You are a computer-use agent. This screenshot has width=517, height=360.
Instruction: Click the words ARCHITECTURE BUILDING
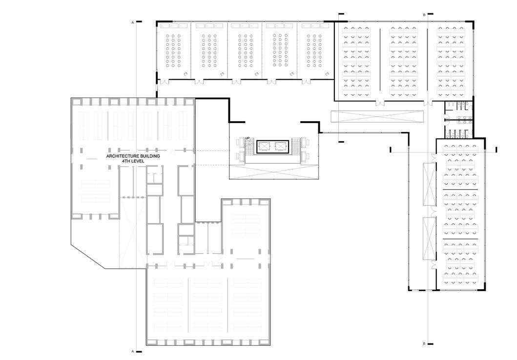(133, 156)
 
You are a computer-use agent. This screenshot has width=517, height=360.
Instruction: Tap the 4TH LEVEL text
(133, 161)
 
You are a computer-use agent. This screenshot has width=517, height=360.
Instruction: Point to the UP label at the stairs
(248, 138)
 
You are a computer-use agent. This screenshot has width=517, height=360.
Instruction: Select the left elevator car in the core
(265, 146)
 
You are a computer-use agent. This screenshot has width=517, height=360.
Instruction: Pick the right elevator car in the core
(280, 146)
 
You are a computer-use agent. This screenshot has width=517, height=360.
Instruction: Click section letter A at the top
(132, 22)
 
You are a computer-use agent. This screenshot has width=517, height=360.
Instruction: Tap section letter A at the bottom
(132, 351)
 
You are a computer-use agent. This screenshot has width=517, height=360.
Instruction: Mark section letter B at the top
(424, 15)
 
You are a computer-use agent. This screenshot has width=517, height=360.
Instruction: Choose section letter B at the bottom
(424, 344)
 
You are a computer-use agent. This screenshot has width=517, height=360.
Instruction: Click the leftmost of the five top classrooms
(173, 51)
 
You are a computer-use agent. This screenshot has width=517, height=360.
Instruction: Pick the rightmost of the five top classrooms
(315, 51)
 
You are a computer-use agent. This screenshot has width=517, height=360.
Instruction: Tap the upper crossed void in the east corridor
(430, 184)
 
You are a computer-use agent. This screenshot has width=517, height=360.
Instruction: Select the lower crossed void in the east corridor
(430, 238)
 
